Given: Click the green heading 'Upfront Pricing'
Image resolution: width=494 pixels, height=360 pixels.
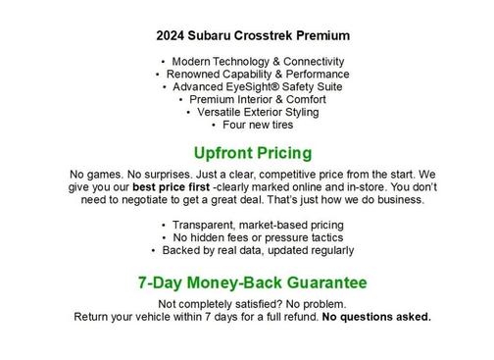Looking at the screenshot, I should [253, 153].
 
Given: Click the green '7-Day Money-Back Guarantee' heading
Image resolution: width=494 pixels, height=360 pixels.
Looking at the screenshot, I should [253, 283].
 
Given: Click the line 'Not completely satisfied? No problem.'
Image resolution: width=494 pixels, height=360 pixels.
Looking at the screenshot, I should [253, 304].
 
